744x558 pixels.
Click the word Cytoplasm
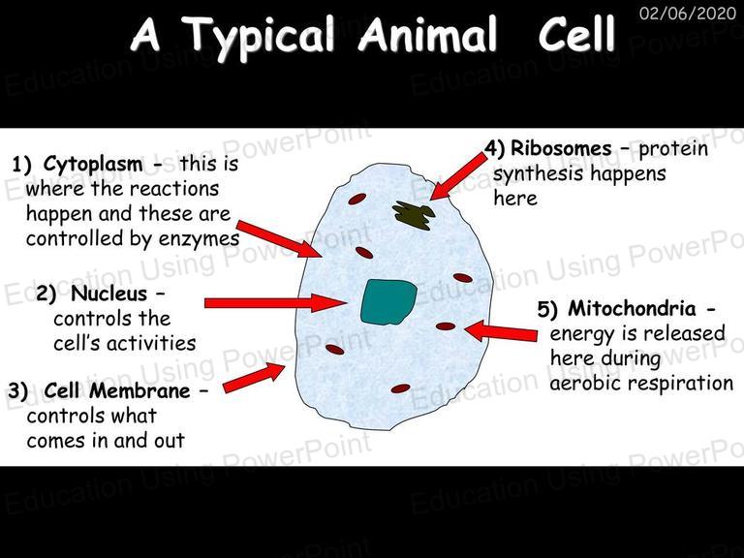tap(93, 165)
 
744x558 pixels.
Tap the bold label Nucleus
tap(109, 294)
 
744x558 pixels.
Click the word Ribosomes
tap(561, 148)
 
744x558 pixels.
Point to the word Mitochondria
tap(632, 308)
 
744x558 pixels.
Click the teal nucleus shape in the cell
tap(388, 302)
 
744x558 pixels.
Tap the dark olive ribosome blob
tap(415, 215)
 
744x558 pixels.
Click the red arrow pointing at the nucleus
tap(276, 302)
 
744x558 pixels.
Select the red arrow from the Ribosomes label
tap(458, 176)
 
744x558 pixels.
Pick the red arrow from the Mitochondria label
tap(501, 331)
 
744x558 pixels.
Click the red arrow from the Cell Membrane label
tap(254, 378)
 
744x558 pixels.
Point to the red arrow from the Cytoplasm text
tap(280, 239)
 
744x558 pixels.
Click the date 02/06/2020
tap(688, 13)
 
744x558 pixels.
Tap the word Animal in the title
tap(428, 34)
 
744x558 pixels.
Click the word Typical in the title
tap(259, 36)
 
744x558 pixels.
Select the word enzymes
tap(199, 238)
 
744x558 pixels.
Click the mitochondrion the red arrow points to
tap(445, 326)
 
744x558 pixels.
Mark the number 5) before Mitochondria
tap(547, 309)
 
